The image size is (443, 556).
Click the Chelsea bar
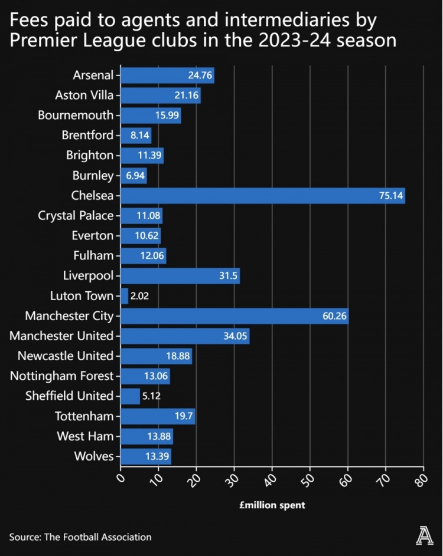[263, 196]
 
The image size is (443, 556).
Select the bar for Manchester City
[234, 317]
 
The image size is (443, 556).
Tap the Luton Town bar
[124, 296]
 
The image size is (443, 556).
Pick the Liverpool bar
[180, 276]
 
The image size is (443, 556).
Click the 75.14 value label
[391, 196]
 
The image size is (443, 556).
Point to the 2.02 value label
[139, 296]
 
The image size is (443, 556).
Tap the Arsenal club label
[93, 75]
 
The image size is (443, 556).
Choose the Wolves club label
[93, 456]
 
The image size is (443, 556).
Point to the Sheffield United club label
[69, 396]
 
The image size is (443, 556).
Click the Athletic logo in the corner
[424, 536]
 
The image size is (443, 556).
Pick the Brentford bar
[135, 136]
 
